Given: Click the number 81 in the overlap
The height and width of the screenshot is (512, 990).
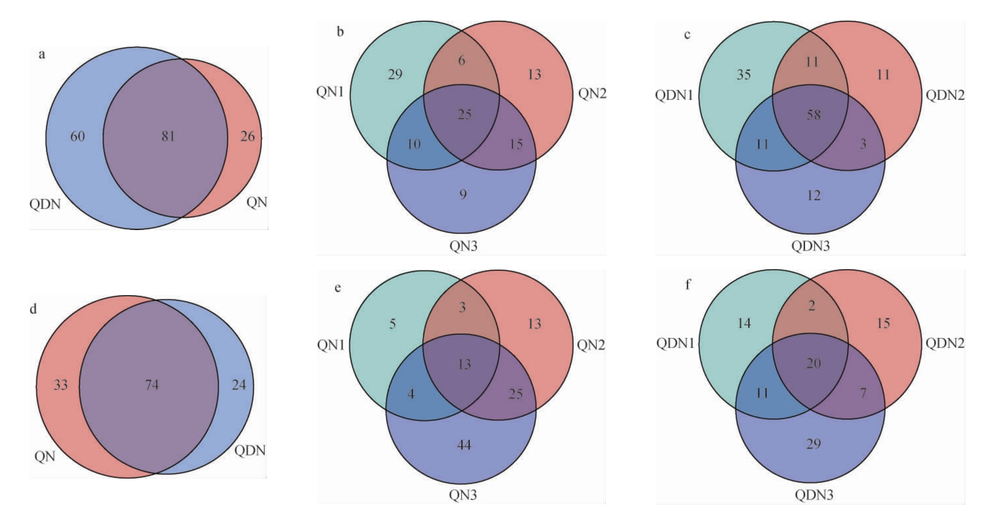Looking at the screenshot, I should pos(168,136).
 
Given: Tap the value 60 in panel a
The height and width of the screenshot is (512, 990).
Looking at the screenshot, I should pos(77,136).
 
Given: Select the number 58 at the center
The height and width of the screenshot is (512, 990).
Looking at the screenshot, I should pos(814,115).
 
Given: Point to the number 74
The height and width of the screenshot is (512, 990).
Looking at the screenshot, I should pos(152,385).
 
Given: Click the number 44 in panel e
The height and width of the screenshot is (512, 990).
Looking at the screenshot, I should pos(464,445).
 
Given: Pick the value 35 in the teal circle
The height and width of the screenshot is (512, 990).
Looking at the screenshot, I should pos(744,74).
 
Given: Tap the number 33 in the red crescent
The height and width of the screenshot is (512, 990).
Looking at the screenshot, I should pos(61,385).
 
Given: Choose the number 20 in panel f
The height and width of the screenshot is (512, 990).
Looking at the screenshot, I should pos(814,363).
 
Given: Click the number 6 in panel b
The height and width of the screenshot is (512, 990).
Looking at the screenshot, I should pos(462,60).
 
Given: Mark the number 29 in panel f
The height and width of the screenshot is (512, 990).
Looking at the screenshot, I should pos(814,443).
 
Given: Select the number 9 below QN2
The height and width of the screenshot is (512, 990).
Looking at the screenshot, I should pos(463,194).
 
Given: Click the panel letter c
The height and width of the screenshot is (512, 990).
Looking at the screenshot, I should pos(687,34).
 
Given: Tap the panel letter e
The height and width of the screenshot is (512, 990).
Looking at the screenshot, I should pos(337,288).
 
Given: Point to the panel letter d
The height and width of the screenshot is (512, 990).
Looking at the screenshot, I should pos(33,309).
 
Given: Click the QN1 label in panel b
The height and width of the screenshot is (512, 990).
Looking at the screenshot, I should pos(330,92).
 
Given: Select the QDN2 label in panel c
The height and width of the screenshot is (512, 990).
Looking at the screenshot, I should pos(945,95).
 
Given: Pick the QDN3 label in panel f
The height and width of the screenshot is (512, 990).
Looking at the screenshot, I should pos(814,495).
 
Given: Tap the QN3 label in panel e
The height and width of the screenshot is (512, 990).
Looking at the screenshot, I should pos(463,495).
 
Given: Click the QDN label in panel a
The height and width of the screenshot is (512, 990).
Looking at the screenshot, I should pos(45,204).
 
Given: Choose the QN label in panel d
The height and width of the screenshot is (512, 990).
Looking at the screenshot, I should pos(45,457).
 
